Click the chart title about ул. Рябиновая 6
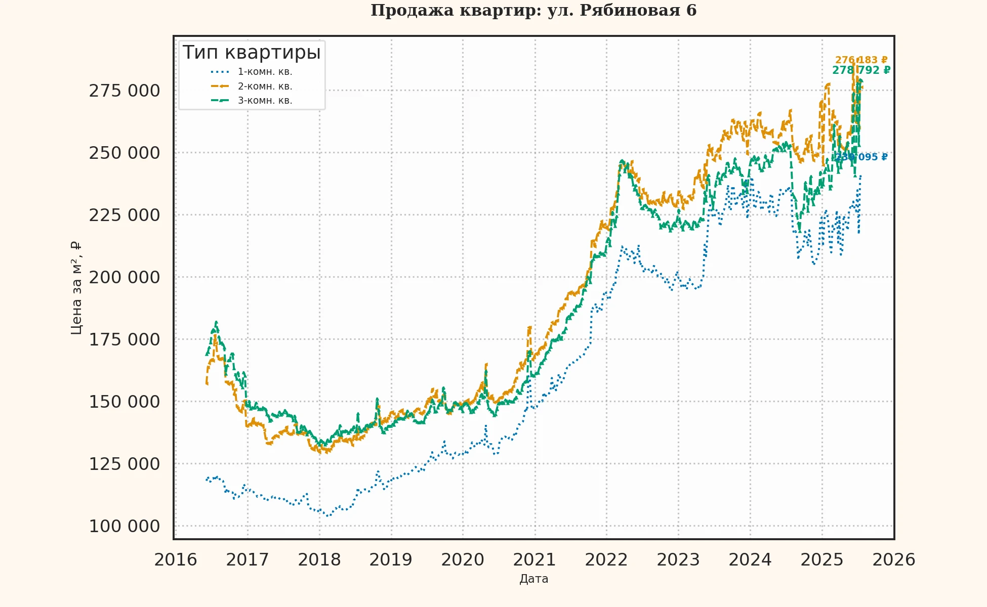(533, 10)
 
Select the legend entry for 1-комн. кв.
(265, 72)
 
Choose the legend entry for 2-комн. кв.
(265, 86)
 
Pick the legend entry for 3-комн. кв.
(265, 101)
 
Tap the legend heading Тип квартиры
(252, 53)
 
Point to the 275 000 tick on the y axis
(124, 91)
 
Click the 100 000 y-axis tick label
(124, 527)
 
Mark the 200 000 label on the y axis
(124, 278)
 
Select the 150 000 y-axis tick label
(124, 402)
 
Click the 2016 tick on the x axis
(176, 560)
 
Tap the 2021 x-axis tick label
(534, 560)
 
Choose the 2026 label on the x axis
(894, 560)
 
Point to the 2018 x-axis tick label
(319, 560)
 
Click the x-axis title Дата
(533, 579)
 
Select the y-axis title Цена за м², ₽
(76, 288)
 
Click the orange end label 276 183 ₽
(861, 60)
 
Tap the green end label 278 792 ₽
(861, 70)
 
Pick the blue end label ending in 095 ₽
(861, 157)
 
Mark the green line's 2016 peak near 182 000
(216, 322)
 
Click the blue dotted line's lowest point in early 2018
(327, 515)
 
